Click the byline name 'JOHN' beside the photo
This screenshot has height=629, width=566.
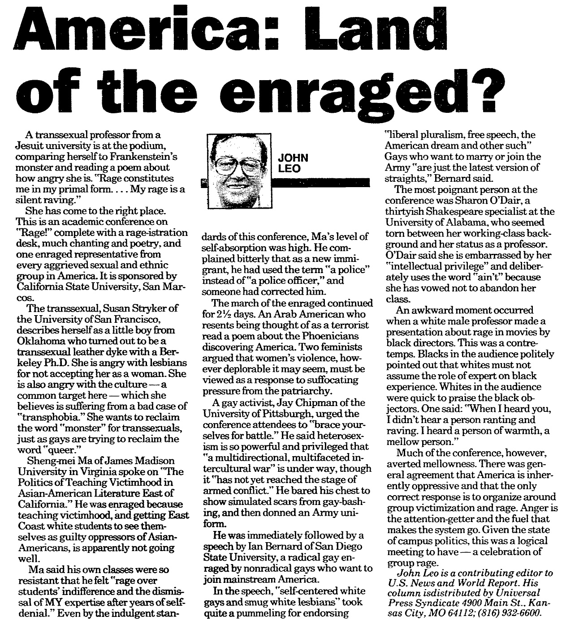tap(293, 158)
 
